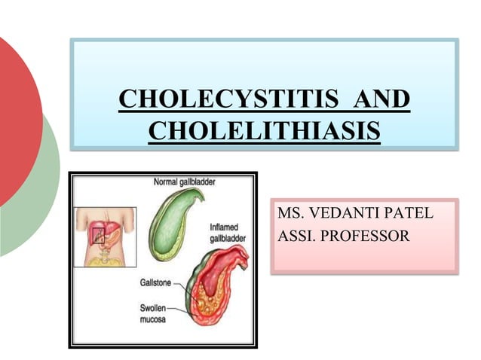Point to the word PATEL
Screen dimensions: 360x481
coord(407,213)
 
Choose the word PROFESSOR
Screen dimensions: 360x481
coord(366,236)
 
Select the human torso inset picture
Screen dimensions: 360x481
coord(105,236)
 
